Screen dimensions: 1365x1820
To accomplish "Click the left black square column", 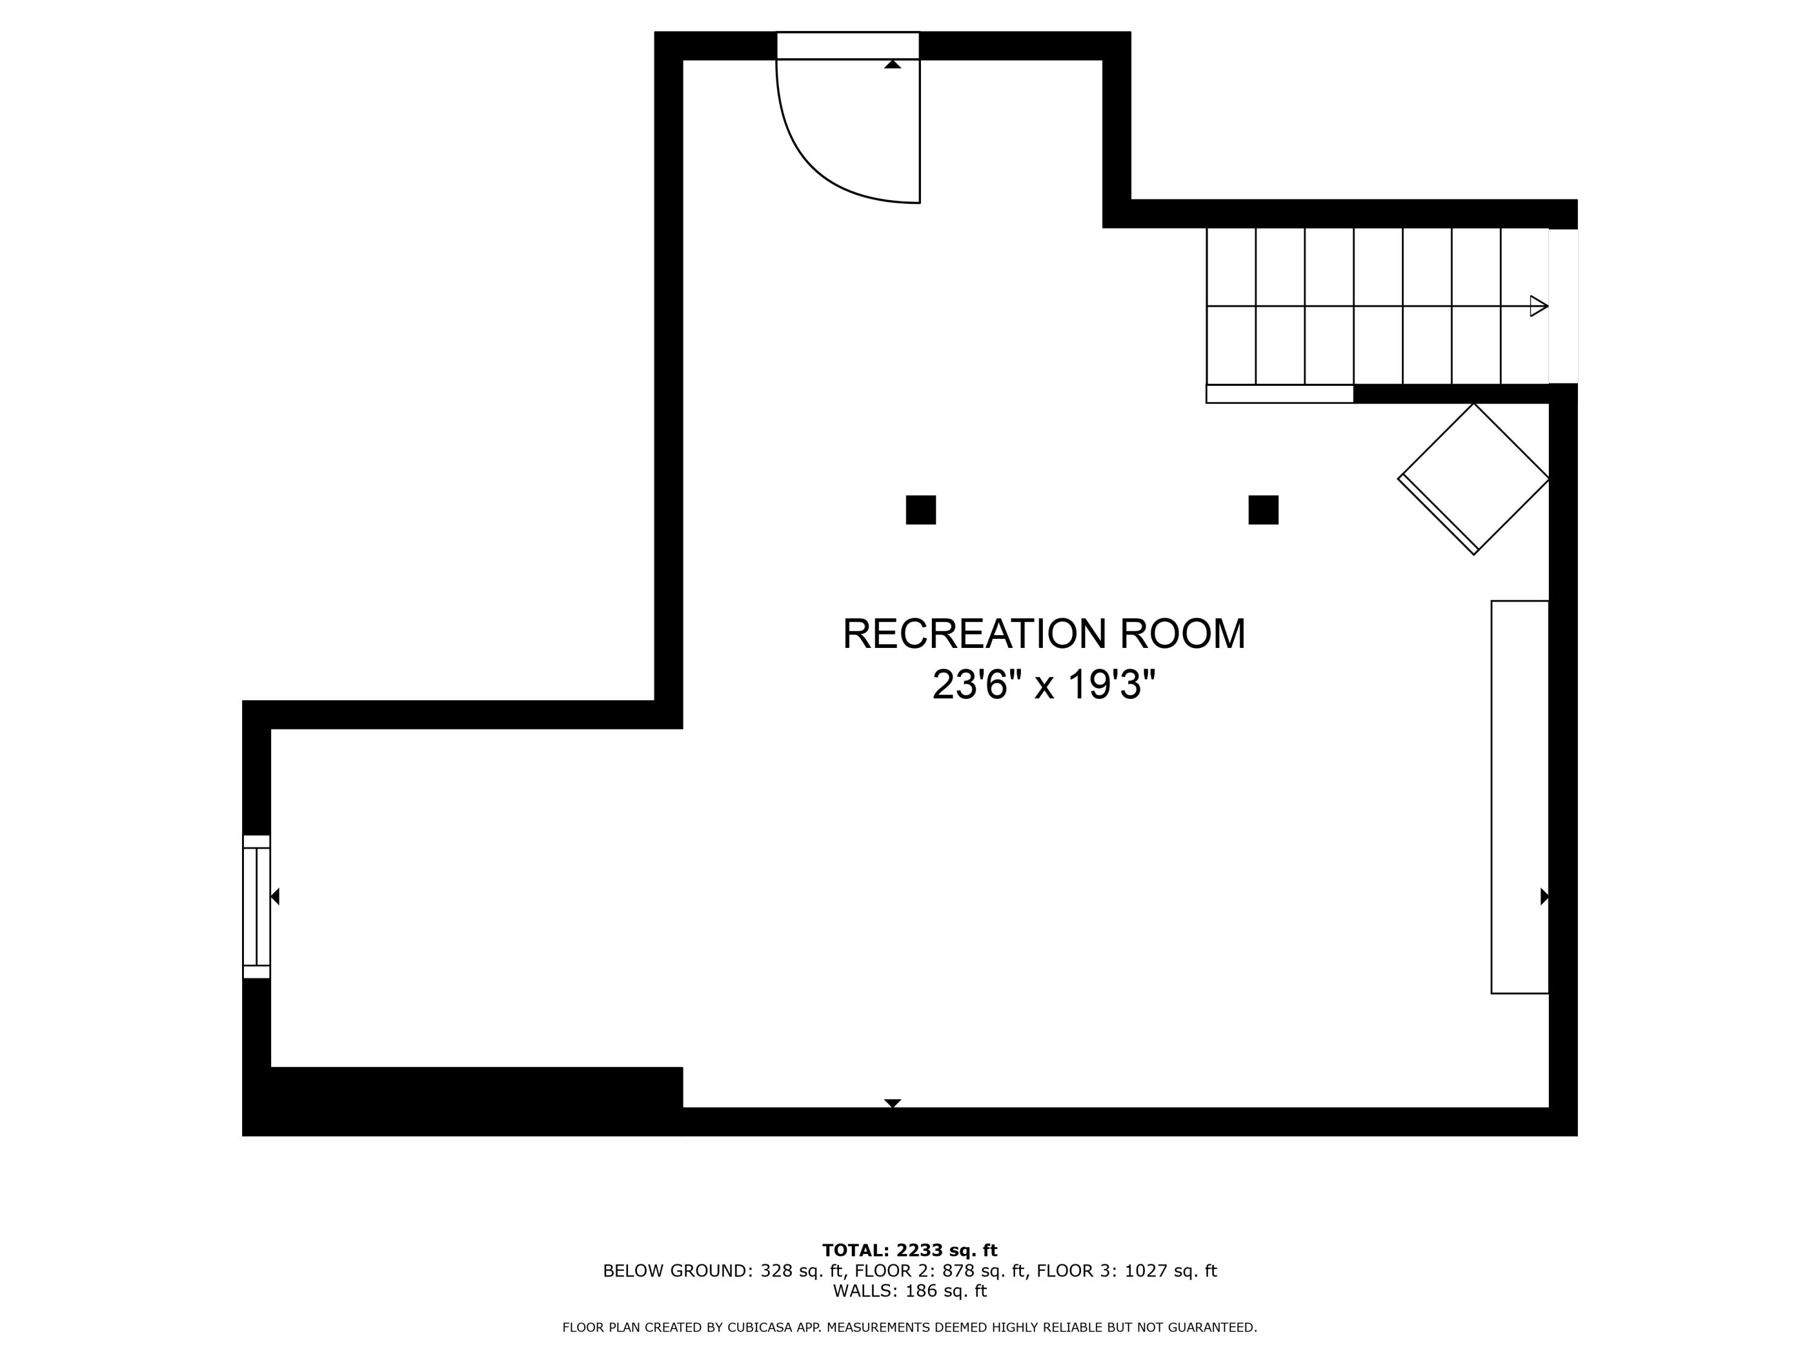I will coord(921,510).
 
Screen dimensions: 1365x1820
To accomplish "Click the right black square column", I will coord(1263,510).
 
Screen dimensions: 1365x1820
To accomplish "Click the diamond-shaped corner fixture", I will coord(1474,479).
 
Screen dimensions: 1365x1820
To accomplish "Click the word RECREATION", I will coord(973,635).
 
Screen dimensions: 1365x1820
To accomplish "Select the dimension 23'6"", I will coord(970,684).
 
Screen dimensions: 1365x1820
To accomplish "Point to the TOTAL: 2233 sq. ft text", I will coord(909,1250).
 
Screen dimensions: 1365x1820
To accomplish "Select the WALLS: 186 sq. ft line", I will coord(909,1291).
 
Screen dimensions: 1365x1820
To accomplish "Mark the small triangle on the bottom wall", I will coord(893,1102).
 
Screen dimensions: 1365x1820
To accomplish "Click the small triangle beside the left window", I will coord(275,896).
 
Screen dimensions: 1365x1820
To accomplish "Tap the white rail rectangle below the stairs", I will coord(1279,394).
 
